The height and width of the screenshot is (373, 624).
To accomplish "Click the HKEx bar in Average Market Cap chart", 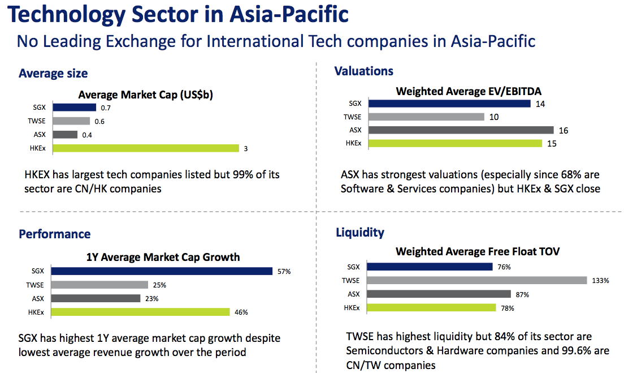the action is pos(146,148).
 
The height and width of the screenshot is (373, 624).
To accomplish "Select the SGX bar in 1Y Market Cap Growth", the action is pos(162,271).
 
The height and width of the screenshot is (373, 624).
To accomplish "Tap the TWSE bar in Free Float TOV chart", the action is pos(476,280).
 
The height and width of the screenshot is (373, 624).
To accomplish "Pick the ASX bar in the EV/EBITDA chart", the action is pos(461,130).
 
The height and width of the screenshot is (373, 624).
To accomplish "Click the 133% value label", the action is pos(600,281).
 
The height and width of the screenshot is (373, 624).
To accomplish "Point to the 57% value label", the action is pos(284,271).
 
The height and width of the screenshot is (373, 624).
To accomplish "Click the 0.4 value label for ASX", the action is pos(87,135).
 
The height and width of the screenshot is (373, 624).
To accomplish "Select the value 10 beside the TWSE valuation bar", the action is pos(494,117).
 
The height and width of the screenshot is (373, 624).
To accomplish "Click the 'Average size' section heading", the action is pos(53,74).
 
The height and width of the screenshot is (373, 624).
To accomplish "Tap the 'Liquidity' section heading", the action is pos(360,232).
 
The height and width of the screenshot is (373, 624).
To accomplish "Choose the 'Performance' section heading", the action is pos(55,234).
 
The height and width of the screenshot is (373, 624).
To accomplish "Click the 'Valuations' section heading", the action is pos(364,71).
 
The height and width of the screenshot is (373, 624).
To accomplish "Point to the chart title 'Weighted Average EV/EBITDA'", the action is pos(469,91).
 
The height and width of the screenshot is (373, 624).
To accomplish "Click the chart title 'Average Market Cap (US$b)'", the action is pos(146,95).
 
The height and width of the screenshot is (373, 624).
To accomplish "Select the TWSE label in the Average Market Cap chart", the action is pos(37,121).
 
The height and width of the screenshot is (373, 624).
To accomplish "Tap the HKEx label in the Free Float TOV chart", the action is pos(352,308).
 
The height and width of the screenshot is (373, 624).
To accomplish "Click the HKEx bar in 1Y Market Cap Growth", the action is pos(141,312).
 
